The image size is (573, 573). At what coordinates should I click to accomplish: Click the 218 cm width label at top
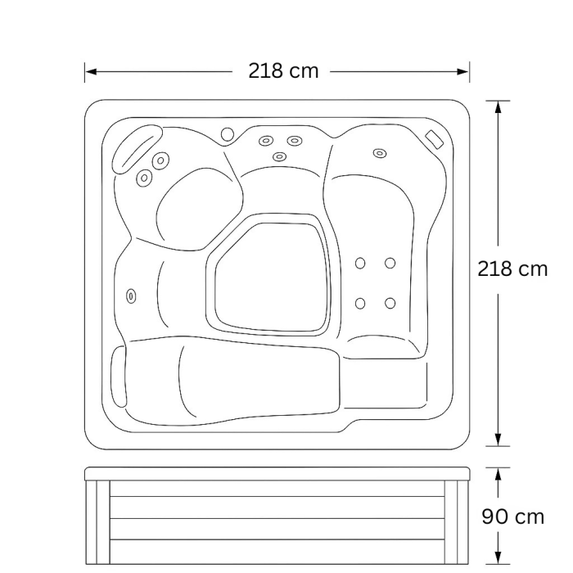283,70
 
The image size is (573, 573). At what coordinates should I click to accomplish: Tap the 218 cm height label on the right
512,268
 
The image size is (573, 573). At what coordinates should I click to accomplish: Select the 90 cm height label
512,517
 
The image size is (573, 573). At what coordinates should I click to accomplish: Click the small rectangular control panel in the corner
434,138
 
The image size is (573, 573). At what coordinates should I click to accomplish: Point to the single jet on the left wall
131,296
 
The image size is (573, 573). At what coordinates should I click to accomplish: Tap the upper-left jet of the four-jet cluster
360,263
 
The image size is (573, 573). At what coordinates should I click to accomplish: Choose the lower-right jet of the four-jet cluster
390,303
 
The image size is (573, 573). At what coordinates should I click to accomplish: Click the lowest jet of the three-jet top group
279,156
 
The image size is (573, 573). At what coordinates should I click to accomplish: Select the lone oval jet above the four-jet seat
380,152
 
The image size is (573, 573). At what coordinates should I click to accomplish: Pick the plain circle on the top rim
227,133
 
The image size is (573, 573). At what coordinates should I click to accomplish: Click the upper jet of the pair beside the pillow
160,160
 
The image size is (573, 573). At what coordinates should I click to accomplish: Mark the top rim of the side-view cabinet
279,473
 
